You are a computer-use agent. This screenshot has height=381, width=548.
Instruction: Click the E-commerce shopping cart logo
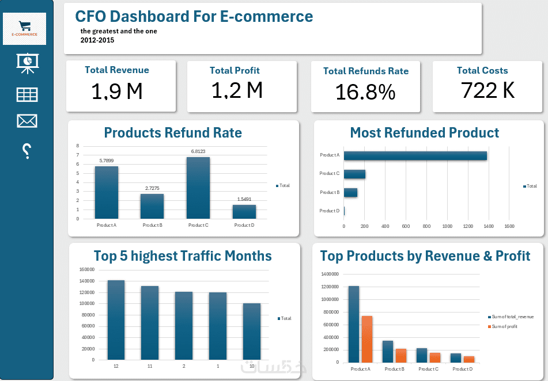[x=24, y=29]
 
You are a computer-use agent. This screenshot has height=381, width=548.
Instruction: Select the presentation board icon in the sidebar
[x=27, y=63]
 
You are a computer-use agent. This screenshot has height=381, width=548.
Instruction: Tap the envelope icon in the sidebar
[x=27, y=121]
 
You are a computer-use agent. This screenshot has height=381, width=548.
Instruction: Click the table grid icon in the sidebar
[x=27, y=94]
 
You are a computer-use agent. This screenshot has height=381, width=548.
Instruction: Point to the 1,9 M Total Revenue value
[x=117, y=91]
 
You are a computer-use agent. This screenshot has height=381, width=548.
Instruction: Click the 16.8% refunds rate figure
[x=365, y=92]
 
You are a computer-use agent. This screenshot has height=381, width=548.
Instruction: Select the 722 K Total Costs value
[x=487, y=90]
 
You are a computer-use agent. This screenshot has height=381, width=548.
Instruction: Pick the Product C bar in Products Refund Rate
[x=198, y=188]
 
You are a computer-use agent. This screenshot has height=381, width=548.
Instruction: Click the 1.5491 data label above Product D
[x=244, y=199]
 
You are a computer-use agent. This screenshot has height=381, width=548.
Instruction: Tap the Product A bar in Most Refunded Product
[x=415, y=155]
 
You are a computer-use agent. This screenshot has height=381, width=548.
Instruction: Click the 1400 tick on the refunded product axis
[x=489, y=226]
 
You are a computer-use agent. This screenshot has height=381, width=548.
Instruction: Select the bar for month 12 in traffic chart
[x=116, y=319]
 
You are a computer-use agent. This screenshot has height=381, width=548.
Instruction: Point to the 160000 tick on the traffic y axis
[x=86, y=269]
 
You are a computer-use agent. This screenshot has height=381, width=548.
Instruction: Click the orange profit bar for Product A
[x=366, y=339]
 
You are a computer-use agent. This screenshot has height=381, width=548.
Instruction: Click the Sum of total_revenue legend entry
[x=511, y=317]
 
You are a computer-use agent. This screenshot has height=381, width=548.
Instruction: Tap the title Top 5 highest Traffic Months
[x=183, y=256]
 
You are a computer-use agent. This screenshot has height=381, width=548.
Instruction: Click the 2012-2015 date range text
[x=97, y=40]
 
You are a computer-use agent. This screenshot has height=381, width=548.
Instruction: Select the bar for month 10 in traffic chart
[x=252, y=331]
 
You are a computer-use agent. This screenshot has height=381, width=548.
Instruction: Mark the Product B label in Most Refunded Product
[x=330, y=192]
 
